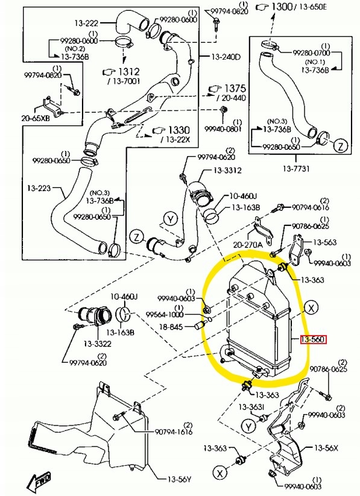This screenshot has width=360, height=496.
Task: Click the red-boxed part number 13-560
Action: pyautogui.click(x=313, y=340)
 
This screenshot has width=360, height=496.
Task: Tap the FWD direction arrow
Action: pyautogui.click(x=39, y=481)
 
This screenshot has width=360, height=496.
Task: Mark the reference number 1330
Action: pyautogui.click(x=178, y=130)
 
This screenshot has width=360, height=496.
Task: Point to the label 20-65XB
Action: pyautogui.click(x=37, y=119)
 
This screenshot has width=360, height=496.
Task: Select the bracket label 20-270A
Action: pyautogui.click(x=248, y=245)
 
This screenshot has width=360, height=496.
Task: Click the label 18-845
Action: pyautogui.click(x=171, y=326)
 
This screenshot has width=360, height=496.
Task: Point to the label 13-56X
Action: pyautogui.click(x=326, y=448)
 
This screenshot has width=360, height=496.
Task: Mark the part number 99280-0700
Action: pyautogui.click(x=312, y=52)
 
